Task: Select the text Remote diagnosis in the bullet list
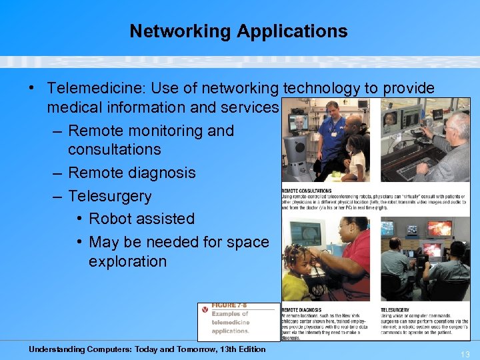pyautogui.click(x=131, y=173)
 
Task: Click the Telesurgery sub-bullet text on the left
pyautogui.click(x=110, y=196)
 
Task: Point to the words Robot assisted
pyautogui.click(x=141, y=219)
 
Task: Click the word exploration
pyautogui.click(x=127, y=261)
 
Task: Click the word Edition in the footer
pyautogui.click(x=248, y=349)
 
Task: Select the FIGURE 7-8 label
pyautogui.click(x=228, y=305)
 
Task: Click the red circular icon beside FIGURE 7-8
pyautogui.click(x=205, y=309)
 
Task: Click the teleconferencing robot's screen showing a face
pyautogui.click(x=300, y=122)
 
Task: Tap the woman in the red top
pyautogui.click(x=350, y=260)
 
